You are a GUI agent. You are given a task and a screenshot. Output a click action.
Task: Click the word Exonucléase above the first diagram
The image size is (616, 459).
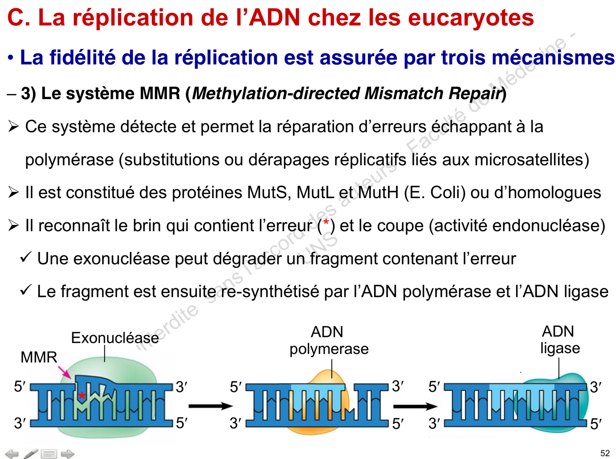115,338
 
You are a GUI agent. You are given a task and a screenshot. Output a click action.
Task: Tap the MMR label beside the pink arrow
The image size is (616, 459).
39,357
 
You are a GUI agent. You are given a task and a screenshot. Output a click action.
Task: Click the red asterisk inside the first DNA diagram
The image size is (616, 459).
82,396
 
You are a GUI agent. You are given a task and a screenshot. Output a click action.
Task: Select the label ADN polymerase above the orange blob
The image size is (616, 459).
329,341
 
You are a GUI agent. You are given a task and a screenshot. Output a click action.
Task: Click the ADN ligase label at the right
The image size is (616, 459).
560,339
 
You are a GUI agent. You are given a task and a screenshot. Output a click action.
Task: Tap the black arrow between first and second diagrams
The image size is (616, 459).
210,406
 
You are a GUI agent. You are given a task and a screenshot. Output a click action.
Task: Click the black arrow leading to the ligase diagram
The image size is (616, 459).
415,406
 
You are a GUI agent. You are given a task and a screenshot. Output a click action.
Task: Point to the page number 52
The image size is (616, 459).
605,453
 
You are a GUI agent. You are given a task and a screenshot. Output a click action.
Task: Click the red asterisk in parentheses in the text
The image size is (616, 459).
326,222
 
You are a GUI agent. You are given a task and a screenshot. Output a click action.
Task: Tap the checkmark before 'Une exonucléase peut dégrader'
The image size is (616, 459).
26,257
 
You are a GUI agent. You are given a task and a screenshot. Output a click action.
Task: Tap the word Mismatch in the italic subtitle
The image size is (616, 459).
404,93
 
